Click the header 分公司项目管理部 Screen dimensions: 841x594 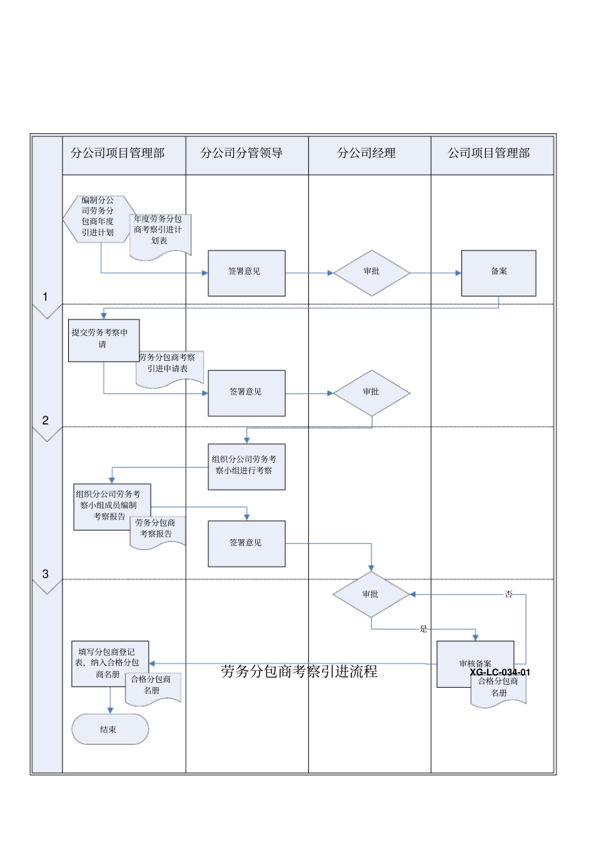[118, 153]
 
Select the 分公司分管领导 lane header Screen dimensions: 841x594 [241, 153]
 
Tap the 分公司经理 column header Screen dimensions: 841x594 [366, 153]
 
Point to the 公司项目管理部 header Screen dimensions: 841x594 [488, 153]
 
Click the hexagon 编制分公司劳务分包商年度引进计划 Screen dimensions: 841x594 [98, 216]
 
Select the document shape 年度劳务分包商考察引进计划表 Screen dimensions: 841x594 [159, 233]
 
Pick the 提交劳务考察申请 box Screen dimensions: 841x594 [103, 339]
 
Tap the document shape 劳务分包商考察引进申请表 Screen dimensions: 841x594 [169, 367]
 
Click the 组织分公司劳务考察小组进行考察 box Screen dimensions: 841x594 [246, 466]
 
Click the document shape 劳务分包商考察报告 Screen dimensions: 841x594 [156, 531]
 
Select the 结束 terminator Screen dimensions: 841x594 [109, 729]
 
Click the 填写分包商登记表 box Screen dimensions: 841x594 [108, 663]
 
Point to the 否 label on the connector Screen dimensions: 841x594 [508, 594]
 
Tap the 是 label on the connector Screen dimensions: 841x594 [423, 629]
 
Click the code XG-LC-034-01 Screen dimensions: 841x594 [500, 672]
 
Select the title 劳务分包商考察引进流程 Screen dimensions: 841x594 [299, 672]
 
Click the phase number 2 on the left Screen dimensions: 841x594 [45, 420]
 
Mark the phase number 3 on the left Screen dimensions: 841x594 [45, 573]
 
